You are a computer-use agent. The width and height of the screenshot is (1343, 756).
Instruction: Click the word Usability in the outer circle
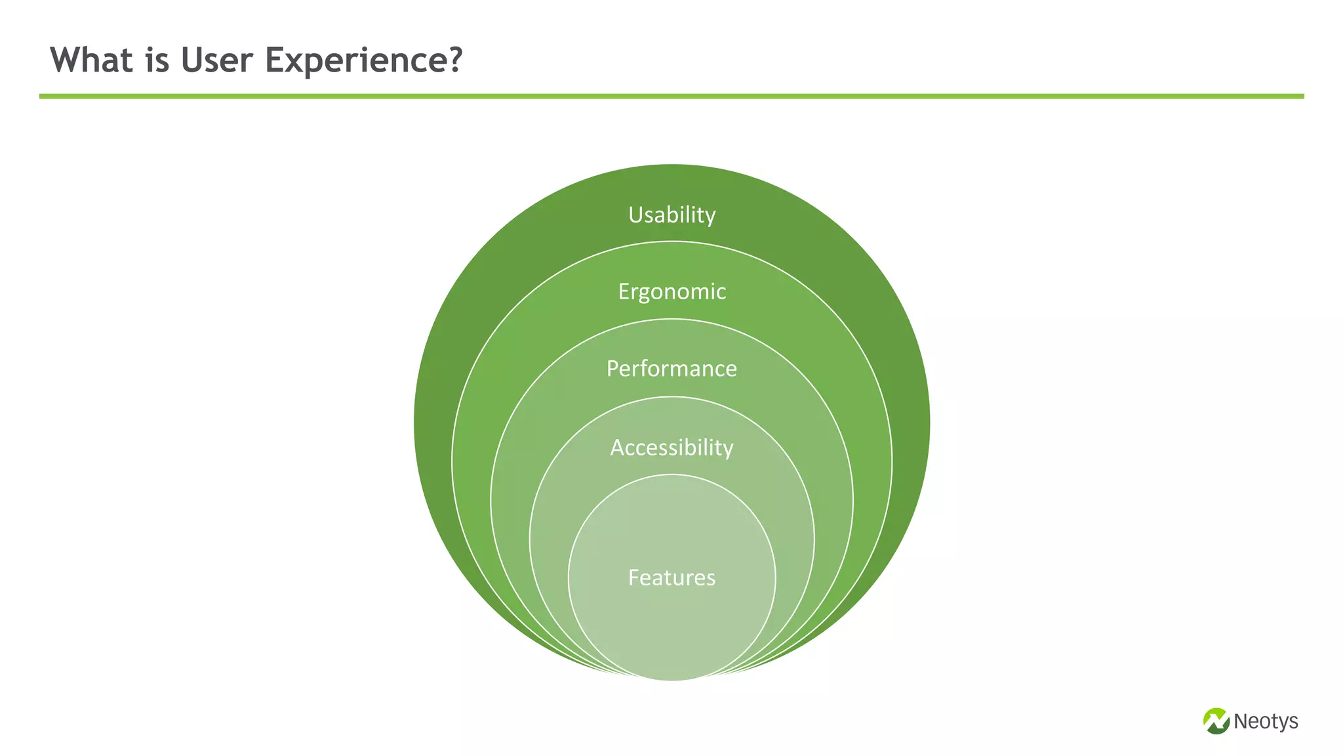pos(671,215)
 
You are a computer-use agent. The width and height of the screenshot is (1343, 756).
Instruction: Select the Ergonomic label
pos(671,291)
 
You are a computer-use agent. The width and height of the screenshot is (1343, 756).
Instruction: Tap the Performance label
pos(671,369)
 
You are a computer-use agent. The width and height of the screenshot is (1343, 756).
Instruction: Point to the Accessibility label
pos(671,448)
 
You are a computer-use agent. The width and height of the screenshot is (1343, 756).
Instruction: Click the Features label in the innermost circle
pos(671,577)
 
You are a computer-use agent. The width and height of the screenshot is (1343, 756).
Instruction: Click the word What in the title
pos(92,60)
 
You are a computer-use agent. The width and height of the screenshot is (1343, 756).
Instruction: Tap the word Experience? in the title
pos(364,61)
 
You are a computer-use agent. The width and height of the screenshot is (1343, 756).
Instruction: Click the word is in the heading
pos(157,60)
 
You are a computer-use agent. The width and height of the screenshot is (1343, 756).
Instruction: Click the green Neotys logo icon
pos(1216,721)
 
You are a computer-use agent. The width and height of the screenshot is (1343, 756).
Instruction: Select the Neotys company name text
pos(1266,721)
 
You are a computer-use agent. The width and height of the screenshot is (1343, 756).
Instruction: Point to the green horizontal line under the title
pos(671,96)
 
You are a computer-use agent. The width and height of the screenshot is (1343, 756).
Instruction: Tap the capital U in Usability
pos(635,215)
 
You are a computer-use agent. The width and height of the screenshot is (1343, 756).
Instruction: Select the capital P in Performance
pos(612,369)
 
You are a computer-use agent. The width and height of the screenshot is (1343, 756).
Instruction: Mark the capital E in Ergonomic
pos(624,291)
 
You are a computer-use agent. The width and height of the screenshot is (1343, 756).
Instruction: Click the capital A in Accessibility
pos(617,448)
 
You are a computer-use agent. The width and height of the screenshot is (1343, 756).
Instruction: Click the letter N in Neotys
pos(1241,721)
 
